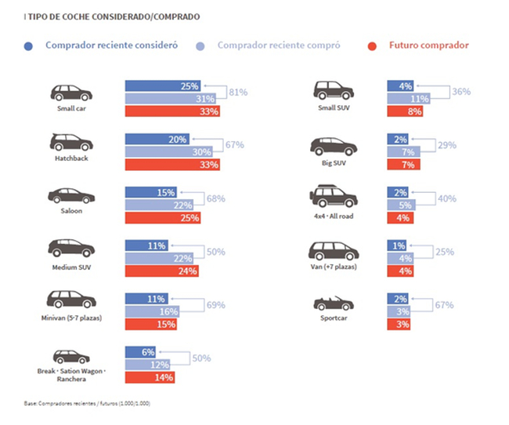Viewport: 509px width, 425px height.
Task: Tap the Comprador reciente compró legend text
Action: [x=279, y=45]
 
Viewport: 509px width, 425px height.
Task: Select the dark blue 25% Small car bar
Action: [x=163, y=85]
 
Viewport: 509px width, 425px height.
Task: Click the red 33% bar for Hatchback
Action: [x=172, y=165]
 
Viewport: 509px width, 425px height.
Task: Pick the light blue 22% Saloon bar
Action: [x=157, y=205]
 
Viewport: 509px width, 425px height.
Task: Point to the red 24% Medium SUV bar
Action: [x=161, y=271]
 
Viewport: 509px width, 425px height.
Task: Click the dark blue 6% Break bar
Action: [x=140, y=352]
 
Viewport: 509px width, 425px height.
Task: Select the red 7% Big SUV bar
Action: [x=405, y=165]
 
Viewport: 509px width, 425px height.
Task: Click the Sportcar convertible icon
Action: [x=334, y=303]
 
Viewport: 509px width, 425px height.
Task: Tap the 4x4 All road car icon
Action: [x=334, y=195]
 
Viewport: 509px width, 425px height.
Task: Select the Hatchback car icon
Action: [x=71, y=142]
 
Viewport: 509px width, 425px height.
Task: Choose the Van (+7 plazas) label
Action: [x=334, y=267]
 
